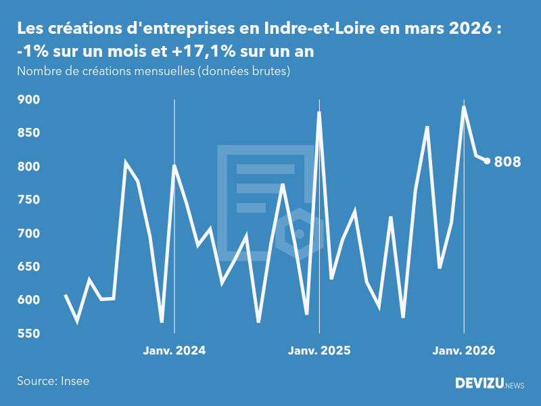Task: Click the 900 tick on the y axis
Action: [x=30, y=99]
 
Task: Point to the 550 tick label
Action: [x=30, y=334]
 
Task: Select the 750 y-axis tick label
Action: [x=30, y=200]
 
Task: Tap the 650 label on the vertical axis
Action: [x=30, y=267]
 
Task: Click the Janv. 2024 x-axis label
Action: [x=174, y=351]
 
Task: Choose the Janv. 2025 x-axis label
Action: [x=319, y=351]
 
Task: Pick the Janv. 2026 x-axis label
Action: [x=464, y=351]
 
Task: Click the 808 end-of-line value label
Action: [x=507, y=162]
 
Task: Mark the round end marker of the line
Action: [x=487, y=161]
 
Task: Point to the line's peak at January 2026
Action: [x=464, y=107]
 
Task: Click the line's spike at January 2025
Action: [x=319, y=113]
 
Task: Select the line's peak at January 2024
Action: [x=174, y=166]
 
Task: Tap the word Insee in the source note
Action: [x=74, y=381]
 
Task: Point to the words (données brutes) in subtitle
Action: [x=243, y=71]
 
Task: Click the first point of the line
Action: [x=66, y=295]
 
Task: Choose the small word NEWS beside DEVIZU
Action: [x=514, y=385]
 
